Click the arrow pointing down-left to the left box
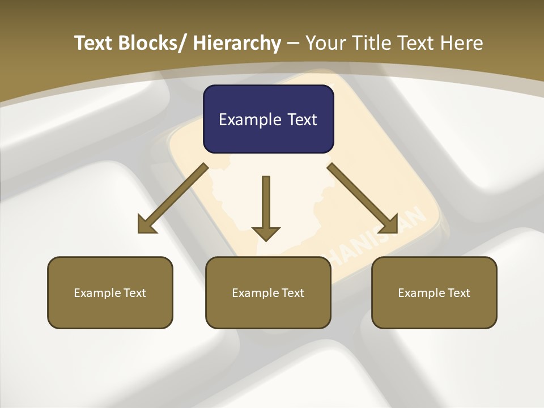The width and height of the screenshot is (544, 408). [173, 198]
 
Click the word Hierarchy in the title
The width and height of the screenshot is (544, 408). [236, 43]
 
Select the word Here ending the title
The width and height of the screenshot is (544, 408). [461, 43]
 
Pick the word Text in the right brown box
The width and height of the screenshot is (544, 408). [458, 293]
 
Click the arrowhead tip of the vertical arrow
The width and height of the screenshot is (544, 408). [266, 239]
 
